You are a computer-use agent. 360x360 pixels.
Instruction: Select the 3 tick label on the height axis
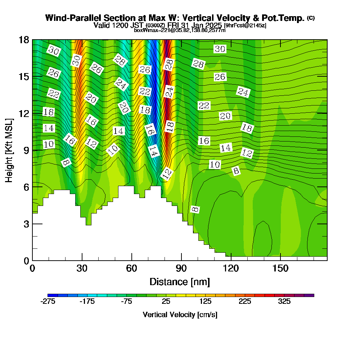click(26, 224)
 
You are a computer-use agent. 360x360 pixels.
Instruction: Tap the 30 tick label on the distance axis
click(82, 269)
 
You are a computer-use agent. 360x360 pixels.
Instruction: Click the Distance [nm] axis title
click(180, 281)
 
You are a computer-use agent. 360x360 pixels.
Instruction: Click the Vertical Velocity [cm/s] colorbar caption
click(180, 315)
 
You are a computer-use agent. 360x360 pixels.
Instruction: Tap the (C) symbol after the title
click(311, 18)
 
